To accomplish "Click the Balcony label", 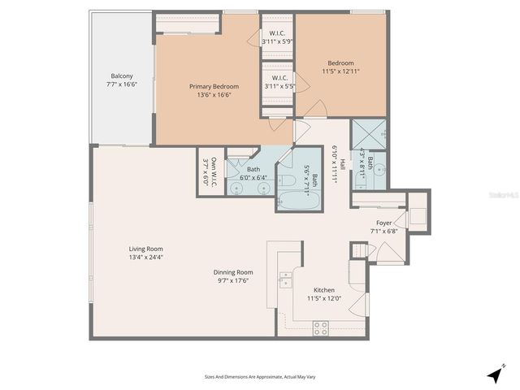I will [122, 75].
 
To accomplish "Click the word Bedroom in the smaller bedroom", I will [340, 63].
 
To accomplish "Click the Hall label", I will [343, 167].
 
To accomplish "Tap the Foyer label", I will [384, 223].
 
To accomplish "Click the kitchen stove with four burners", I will [320, 327].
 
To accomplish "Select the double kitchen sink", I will [284, 279].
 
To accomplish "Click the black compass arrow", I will [494, 375].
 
